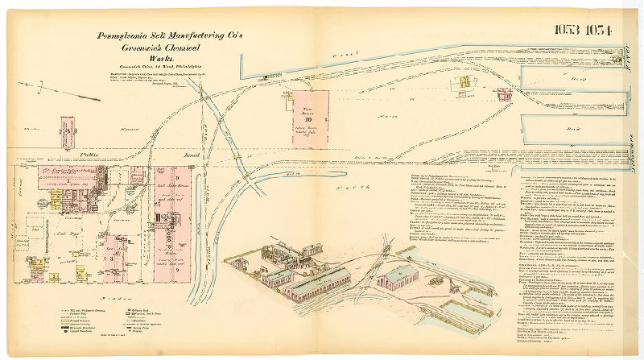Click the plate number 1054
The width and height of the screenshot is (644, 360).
click(598, 31)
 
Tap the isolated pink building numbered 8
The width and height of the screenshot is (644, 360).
click(68, 129)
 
